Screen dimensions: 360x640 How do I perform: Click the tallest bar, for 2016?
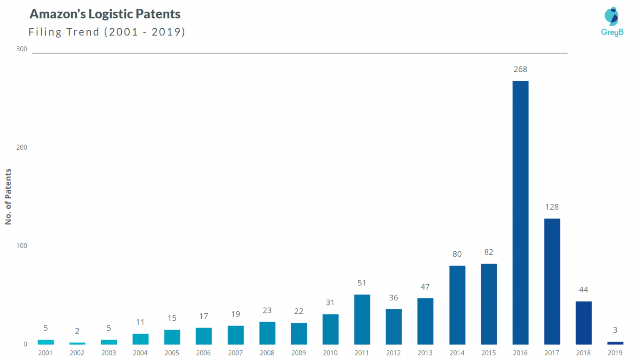click(520, 212)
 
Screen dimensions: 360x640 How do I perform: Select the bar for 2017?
click(552, 281)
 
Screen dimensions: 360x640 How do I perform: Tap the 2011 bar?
click(362, 319)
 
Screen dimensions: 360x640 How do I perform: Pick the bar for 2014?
click(457, 305)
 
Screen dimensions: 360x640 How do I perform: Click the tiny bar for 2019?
click(615, 343)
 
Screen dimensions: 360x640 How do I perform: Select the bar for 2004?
click(140, 339)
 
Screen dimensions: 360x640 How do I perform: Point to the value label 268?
click(520, 69)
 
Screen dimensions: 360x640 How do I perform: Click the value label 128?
click(552, 207)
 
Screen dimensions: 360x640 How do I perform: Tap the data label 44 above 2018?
click(583, 290)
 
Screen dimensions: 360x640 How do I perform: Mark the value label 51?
click(362, 283)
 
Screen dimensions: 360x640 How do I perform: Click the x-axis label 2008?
click(267, 353)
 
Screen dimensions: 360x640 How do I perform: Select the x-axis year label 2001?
click(45, 353)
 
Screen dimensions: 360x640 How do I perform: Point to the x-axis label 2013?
click(425, 353)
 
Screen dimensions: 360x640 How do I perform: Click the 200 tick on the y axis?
click(22, 147)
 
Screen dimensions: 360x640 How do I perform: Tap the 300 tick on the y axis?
click(22, 49)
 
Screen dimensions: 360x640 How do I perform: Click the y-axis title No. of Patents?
click(8, 196)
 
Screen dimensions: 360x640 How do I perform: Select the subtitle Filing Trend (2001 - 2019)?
click(107, 32)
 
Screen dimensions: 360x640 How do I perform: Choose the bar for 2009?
click(299, 333)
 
